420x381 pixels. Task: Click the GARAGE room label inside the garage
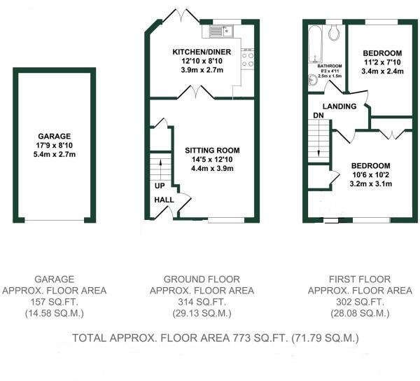55,136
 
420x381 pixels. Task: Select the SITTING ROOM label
212,150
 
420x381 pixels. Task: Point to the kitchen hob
248,59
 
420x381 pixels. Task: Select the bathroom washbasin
312,81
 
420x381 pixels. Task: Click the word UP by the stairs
160,186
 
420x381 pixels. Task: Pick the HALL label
164,200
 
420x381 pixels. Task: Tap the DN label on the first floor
318,115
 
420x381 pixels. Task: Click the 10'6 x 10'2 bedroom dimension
370,176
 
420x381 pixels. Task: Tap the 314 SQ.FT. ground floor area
202,302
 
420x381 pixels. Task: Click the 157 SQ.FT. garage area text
55,302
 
